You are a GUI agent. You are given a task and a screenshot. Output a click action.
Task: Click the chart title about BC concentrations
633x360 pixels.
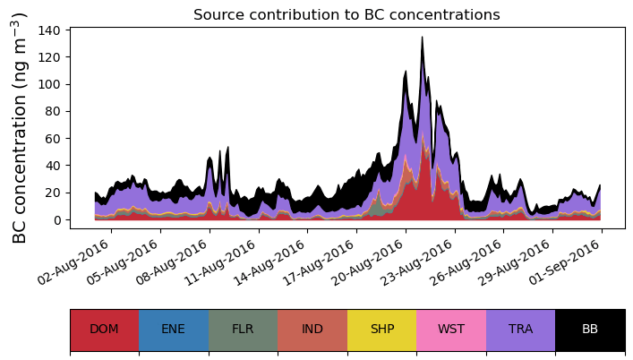click(x=346, y=14)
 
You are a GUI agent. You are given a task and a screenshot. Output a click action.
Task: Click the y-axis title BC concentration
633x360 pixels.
click(x=21, y=128)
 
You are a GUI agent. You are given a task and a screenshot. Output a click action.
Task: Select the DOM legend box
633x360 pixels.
click(x=104, y=330)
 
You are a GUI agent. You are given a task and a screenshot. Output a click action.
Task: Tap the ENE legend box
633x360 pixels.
click(x=174, y=330)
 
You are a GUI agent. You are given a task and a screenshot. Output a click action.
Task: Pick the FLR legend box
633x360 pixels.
click(x=243, y=330)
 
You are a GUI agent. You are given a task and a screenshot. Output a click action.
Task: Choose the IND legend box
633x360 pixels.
click(x=312, y=330)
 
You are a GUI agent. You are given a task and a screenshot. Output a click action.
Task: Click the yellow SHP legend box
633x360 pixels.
click(x=381, y=330)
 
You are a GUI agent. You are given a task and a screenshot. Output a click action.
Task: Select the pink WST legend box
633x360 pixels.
click(x=451, y=330)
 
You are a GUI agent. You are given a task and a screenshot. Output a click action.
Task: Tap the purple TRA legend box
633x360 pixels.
click(x=520, y=330)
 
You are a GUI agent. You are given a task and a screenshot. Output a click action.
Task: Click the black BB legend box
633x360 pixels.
click(x=590, y=330)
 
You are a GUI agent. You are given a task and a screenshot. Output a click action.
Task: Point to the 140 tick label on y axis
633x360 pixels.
click(x=49, y=30)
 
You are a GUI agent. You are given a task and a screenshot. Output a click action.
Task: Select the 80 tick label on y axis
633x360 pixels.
click(x=53, y=112)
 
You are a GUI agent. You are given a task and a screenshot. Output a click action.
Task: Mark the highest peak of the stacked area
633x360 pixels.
click(x=422, y=38)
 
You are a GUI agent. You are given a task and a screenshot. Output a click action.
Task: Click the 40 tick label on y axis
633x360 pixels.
click(x=53, y=166)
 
